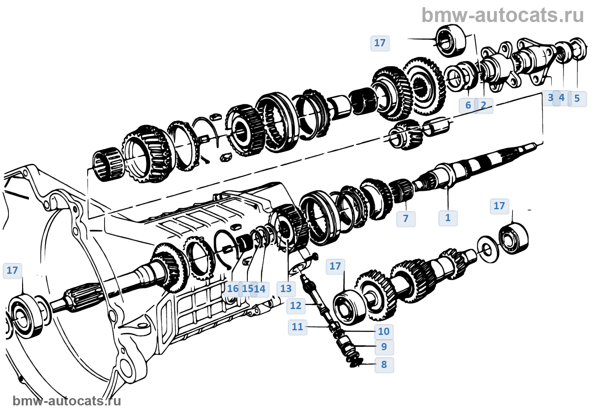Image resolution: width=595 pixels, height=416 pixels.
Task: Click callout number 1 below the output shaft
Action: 448,218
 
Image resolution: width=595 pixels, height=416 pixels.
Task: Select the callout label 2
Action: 484,105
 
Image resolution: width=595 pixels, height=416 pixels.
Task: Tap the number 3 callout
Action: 550,98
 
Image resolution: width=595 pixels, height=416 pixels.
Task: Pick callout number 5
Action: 577,98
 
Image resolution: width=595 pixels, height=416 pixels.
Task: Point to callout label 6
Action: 468,105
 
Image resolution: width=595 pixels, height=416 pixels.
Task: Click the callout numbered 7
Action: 405,219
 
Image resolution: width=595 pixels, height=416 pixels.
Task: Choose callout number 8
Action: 384,365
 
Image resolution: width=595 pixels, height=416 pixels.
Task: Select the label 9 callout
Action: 384,347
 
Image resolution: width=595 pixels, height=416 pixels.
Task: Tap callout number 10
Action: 384,332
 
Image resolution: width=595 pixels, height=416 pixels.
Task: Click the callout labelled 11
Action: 297,327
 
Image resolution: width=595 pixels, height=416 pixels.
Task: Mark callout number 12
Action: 296,306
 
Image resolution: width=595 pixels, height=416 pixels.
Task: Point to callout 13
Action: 286,289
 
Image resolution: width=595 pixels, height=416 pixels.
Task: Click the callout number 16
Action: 232,289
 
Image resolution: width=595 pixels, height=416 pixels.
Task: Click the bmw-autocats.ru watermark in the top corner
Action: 503,15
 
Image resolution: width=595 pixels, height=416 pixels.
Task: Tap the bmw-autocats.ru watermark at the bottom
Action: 67,401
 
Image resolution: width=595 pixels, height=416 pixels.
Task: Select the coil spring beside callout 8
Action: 355,362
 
